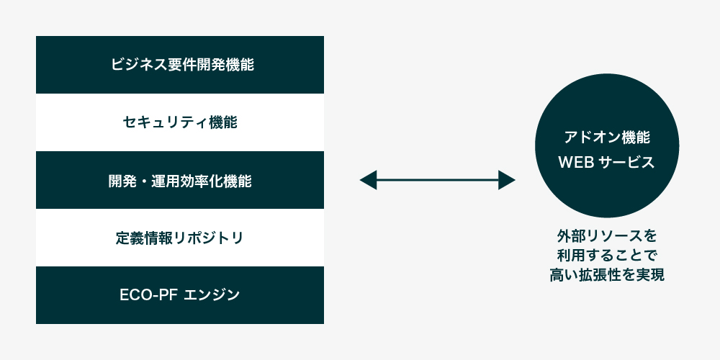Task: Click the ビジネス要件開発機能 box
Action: tap(180, 65)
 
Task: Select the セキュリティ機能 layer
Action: tap(180, 122)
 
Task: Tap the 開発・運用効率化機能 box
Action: tap(180, 180)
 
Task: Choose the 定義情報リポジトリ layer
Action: tap(180, 238)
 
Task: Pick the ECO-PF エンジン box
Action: tap(180, 295)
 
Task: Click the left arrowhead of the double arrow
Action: tap(368, 180)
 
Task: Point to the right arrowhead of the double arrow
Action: tap(507, 180)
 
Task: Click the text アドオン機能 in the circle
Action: tap(607, 138)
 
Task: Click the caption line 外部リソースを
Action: tap(607, 236)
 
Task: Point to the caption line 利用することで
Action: tap(607, 256)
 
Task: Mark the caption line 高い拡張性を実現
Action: tap(607, 275)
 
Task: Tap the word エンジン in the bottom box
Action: tap(212, 294)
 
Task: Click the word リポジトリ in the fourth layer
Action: tap(209, 238)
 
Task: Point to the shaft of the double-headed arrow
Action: tap(438, 180)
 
